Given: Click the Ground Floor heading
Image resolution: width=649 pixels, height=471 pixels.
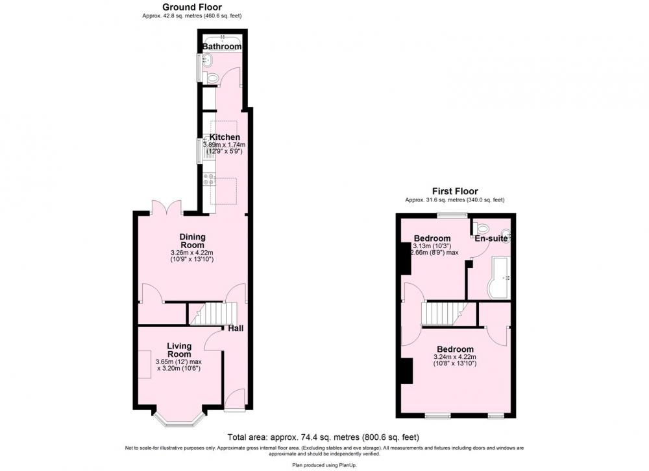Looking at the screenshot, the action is click(191, 7).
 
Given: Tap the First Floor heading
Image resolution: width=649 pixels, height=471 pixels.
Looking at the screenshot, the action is click(455, 191).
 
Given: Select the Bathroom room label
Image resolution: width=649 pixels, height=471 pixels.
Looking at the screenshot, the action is click(222, 47).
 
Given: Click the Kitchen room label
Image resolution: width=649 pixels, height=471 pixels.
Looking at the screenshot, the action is click(225, 137).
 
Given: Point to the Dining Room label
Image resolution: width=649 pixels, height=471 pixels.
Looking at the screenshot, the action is click(193, 241).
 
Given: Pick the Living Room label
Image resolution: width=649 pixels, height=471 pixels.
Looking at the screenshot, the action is click(179, 350).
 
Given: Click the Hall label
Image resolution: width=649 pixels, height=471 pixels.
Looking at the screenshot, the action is click(236, 328).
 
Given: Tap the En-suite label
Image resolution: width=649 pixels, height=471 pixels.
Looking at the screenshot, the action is click(491, 238).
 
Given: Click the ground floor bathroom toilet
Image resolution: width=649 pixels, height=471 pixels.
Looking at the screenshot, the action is click(212, 78).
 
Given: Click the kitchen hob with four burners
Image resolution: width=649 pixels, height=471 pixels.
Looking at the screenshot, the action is click(208, 179).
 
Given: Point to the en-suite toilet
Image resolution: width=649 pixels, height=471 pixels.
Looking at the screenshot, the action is click(482, 227).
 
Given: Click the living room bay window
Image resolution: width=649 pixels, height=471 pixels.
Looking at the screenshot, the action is click(179, 418).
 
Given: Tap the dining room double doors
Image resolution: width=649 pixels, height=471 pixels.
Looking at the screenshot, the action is click(166, 207).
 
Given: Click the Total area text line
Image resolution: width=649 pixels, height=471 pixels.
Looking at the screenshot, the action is click(323, 437).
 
